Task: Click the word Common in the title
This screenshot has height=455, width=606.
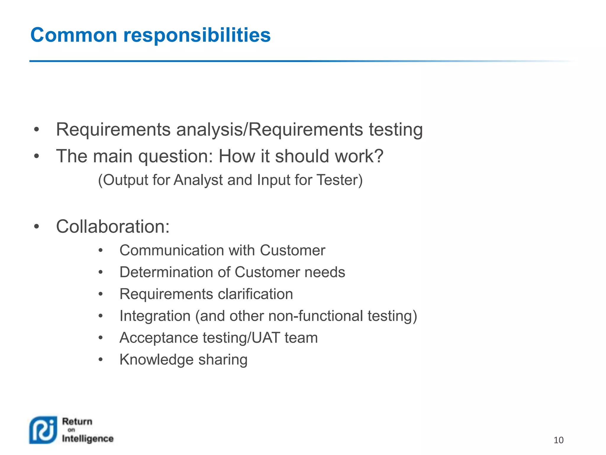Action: tap(74, 35)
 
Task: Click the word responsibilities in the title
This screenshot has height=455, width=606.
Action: tap(197, 35)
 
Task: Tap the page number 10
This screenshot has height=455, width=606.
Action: tap(558, 440)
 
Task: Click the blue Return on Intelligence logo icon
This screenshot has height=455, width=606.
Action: tap(43, 430)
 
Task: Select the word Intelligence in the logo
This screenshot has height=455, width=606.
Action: tap(88, 439)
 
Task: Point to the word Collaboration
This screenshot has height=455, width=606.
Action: tap(113, 227)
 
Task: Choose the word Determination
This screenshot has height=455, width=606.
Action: tap(166, 272)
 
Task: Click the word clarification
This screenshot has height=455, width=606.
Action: tap(255, 294)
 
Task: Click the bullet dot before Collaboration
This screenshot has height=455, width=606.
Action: tap(36, 227)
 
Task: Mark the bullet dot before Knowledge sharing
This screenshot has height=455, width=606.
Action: tap(101, 360)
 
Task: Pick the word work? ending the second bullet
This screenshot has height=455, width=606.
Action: tap(359, 156)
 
